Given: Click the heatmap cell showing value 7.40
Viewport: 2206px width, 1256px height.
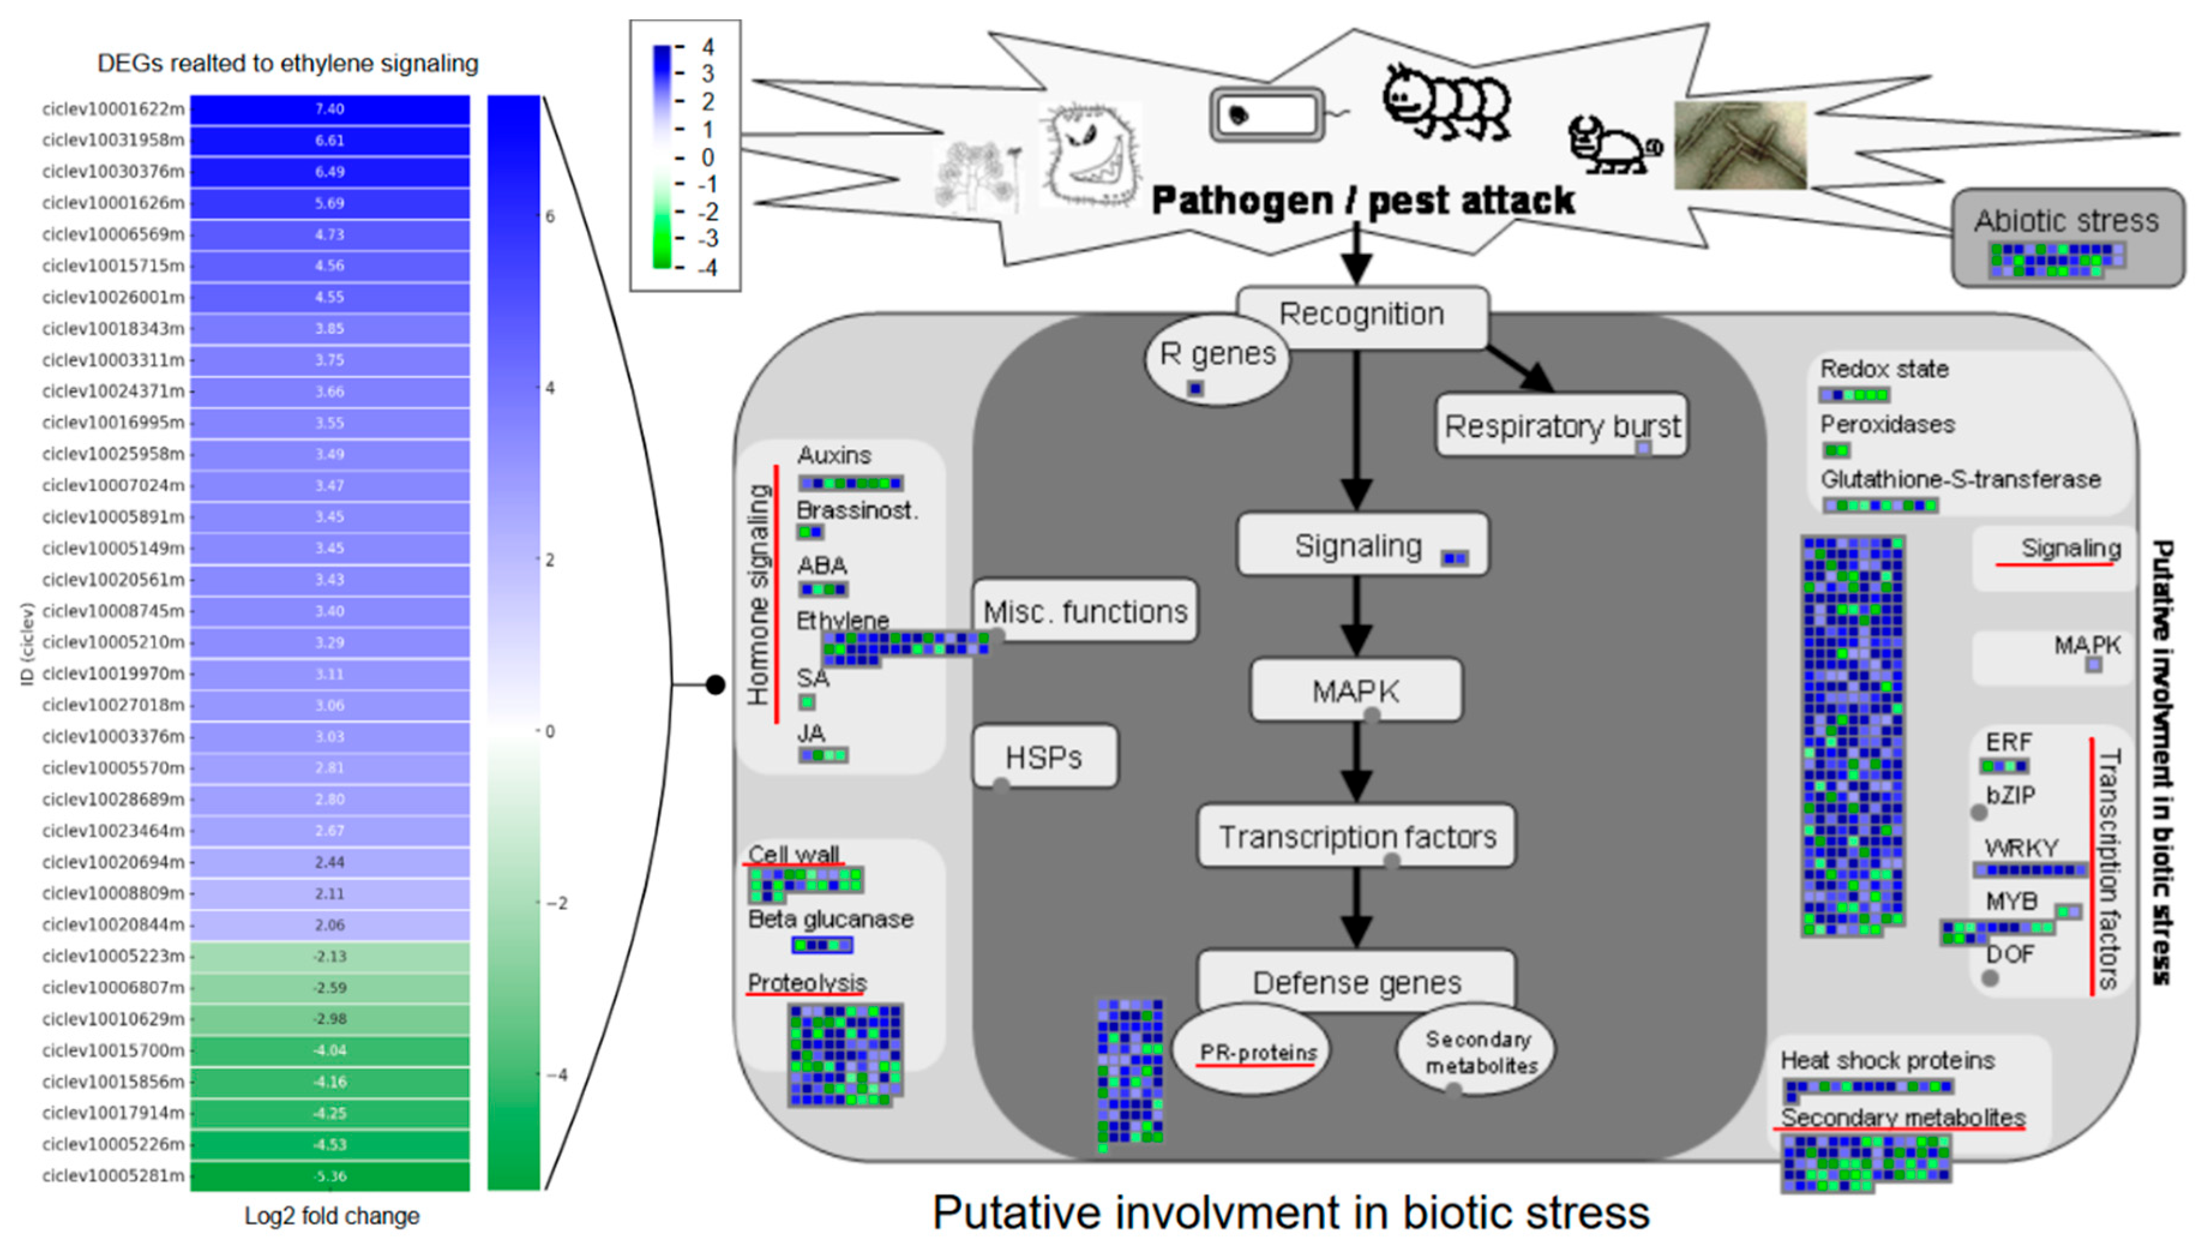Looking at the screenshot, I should pyautogui.click(x=329, y=109).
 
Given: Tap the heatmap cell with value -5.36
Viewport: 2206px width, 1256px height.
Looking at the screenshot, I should pyautogui.click(x=329, y=1176).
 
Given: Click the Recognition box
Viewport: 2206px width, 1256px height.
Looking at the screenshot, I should pyautogui.click(x=1362, y=315).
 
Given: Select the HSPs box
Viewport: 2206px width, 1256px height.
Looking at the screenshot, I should pyautogui.click(x=1044, y=757).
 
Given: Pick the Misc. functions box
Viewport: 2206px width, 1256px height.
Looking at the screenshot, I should pyautogui.click(x=1086, y=612).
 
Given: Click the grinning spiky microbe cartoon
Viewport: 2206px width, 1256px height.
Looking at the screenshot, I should pyautogui.click(x=1089, y=155).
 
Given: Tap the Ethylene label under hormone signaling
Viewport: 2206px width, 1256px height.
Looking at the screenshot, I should pyautogui.click(x=842, y=621).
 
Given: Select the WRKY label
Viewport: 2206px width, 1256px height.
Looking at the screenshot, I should pyautogui.click(x=2021, y=847).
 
